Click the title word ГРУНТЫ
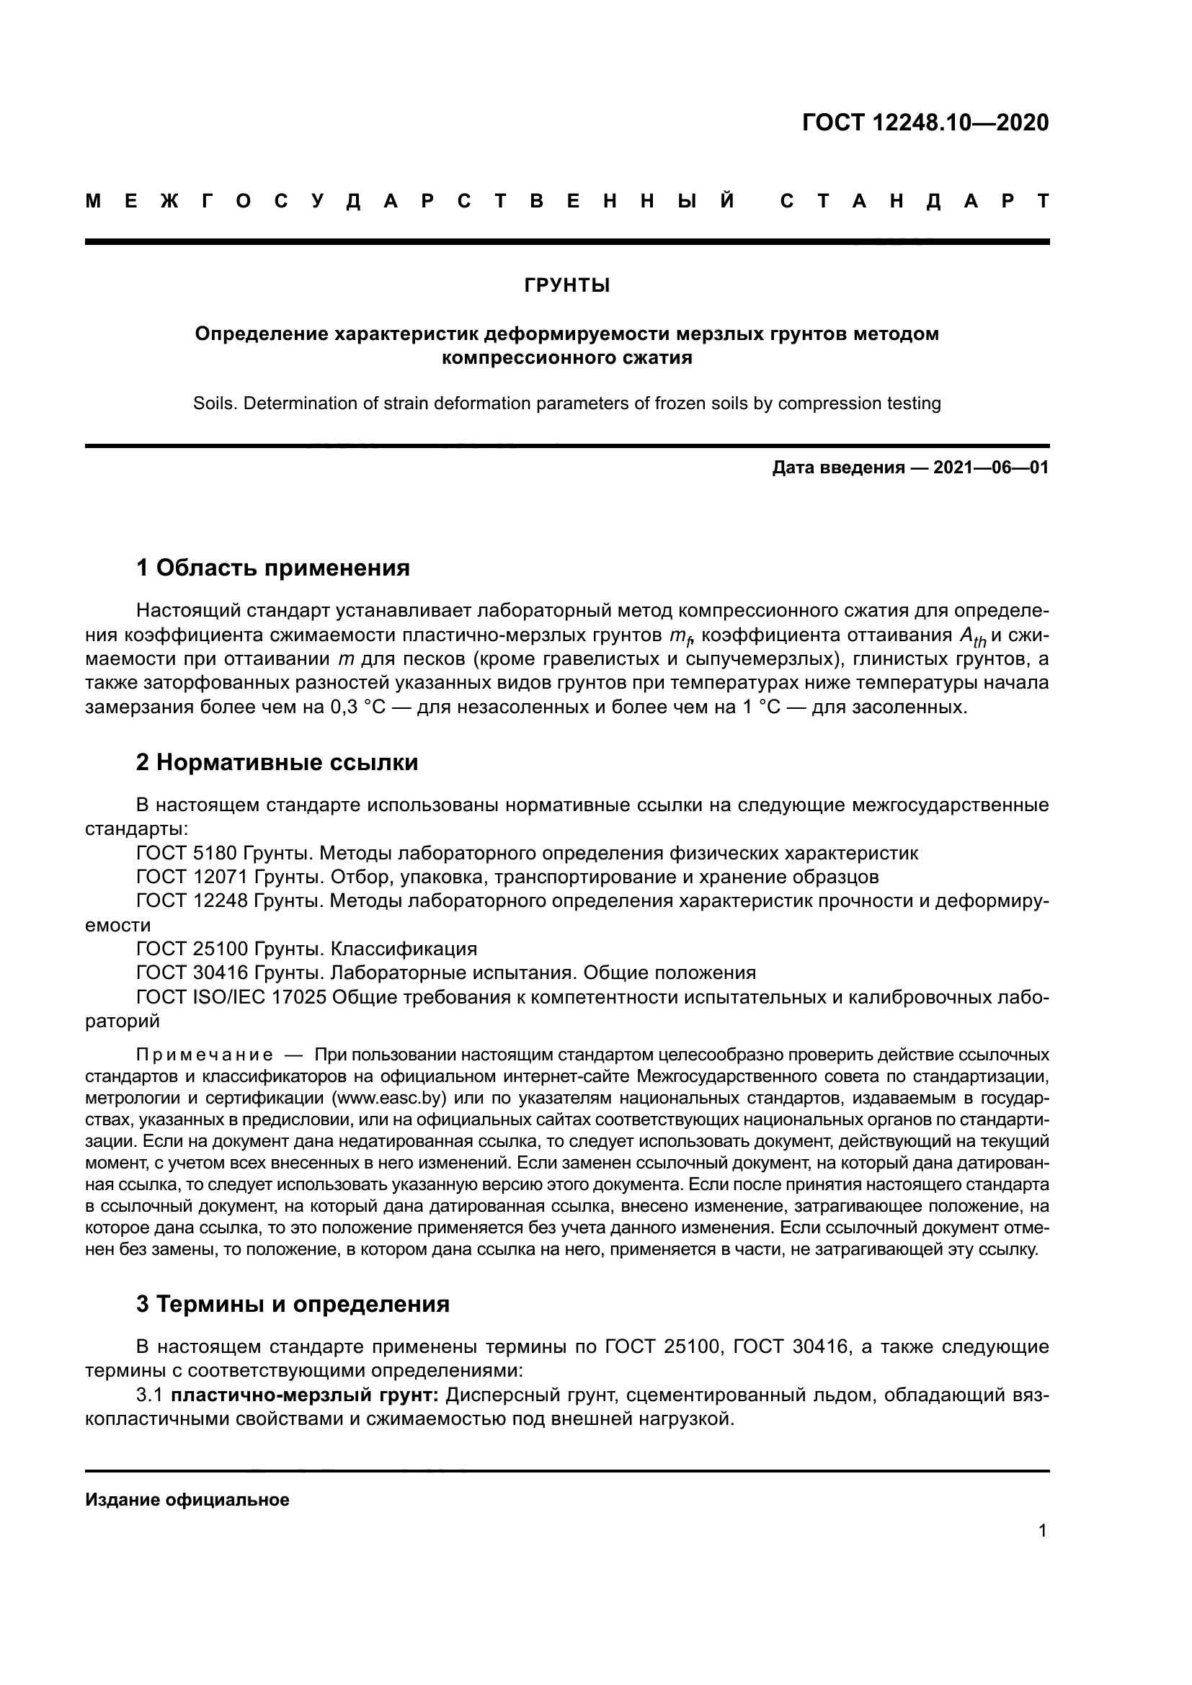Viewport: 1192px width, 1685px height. (566, 285)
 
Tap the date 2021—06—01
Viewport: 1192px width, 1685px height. (990, 468)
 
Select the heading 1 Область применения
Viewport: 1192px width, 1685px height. (272, 567)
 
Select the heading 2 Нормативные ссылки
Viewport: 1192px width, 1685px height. (277, 762)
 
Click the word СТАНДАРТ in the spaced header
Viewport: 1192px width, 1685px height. (915, 201)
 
